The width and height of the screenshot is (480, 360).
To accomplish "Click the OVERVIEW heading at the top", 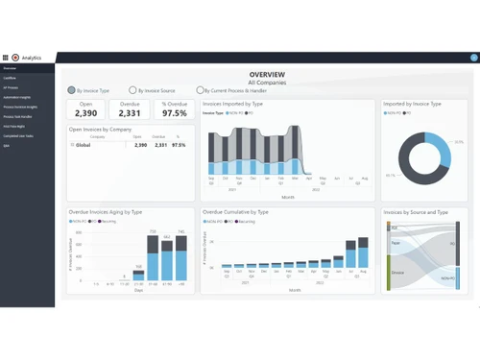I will click(267, 74).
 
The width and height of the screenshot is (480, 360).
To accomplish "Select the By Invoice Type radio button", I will click(72, 90).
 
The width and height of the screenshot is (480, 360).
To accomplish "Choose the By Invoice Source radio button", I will click(132, 90).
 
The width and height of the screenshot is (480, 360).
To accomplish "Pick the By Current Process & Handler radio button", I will click(201, 90).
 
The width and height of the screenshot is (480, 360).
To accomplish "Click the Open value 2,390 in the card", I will click(86, 113).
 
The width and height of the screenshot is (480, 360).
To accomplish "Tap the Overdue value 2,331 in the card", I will click(130, 113).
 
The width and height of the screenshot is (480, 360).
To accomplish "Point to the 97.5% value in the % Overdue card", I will click(175, 113).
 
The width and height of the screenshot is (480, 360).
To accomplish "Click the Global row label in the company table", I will click(84, 145).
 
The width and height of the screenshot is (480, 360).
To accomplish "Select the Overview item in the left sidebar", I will click(10, 69).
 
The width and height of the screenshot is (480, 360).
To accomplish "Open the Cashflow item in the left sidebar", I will click(10, 78).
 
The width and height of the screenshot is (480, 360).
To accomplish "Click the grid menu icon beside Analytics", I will click(6, 58).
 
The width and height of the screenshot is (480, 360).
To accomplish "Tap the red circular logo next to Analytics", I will click(15, 58).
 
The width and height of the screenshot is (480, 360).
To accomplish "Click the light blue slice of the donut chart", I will click(441, 144).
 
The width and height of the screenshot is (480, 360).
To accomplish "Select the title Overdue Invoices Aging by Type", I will click(106, 211).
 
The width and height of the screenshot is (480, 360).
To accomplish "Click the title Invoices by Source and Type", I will click(416, 211).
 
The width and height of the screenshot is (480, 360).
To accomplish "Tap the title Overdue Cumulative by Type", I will click(236, 211).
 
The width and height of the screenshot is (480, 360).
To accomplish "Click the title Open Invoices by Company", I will click(100, 129).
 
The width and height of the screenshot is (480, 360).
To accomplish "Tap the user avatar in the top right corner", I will click(474, 58).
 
